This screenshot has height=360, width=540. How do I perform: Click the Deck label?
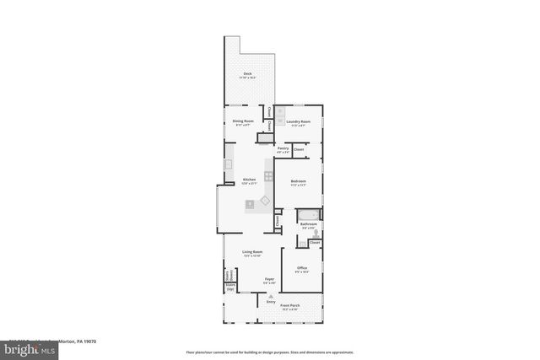247,75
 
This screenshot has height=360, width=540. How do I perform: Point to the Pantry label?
283,149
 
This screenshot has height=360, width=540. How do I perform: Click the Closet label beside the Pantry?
299,148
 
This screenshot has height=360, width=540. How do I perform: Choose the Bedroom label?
297,182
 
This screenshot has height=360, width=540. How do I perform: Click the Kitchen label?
249,180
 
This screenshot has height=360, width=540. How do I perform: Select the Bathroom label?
308,224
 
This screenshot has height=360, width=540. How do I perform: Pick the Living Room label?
251,252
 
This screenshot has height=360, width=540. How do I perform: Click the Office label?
302,269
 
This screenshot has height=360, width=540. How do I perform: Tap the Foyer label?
269,280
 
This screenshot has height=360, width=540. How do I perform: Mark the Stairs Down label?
229,275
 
